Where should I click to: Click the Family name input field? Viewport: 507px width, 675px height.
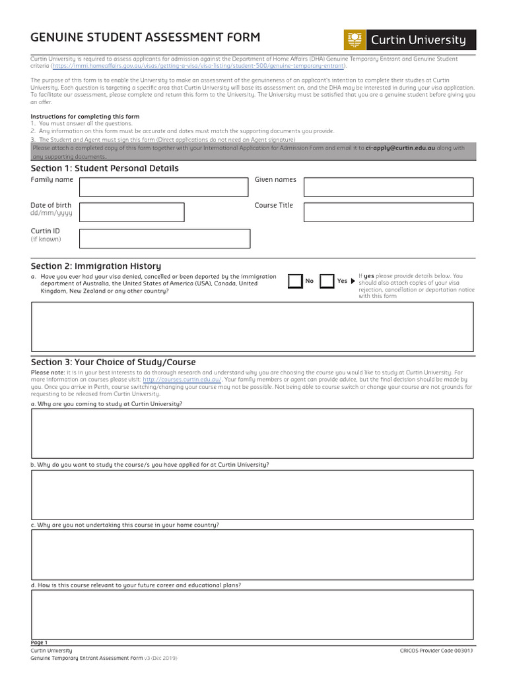(164, 187)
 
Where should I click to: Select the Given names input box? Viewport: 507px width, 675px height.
(388, 187)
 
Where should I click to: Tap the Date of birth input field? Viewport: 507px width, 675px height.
(131, 212)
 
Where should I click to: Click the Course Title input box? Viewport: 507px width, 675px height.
(388, 212)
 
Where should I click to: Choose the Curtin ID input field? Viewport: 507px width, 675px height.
(164, 238)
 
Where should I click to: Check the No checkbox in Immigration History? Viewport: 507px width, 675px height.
(295, 281)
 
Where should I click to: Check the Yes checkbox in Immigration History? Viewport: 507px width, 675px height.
(327, 281)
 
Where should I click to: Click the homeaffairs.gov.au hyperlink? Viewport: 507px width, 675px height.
(198, 66)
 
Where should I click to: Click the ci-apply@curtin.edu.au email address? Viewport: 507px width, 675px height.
(400, 148)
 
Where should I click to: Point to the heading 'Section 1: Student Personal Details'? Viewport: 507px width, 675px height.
(104, 168)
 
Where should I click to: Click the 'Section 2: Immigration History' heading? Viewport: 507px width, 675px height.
(96, 266)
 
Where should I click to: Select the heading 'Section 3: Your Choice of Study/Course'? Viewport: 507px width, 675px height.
(113, 362)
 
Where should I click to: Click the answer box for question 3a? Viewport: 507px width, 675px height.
(252, 433)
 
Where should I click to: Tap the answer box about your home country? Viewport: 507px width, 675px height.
(252, 554)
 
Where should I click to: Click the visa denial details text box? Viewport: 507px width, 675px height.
(252, 326)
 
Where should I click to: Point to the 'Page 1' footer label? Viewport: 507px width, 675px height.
(39, 643)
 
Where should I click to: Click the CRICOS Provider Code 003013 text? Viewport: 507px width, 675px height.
(436, 651)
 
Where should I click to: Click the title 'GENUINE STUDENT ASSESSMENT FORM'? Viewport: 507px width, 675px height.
(145, 38)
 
